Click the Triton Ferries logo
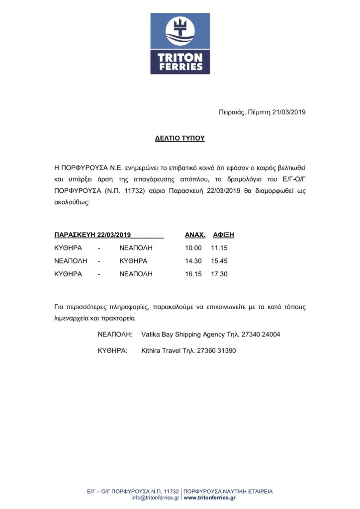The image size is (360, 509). [x=180, y=44]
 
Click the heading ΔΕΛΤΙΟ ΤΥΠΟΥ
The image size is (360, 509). [x=180, y=138]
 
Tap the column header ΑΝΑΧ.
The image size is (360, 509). [x=195, y=235]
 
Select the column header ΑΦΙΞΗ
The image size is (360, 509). [x=223, y=235]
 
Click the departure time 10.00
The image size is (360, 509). [x=193, y=248]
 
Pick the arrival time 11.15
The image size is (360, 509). [x=219, y=248]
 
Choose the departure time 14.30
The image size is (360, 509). [x=193, y=260]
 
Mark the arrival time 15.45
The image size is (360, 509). [x=219, y=260]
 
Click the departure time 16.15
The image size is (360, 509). [x=193, y=274]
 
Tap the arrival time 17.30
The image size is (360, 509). [x=219, y=274]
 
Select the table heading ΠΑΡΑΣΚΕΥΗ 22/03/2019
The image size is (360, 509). [x=92, y=235]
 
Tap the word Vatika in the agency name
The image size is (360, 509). [x=151, y=335]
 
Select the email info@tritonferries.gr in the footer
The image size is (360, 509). [x=155, y=498]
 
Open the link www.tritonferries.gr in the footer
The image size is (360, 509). [x=210, y=498]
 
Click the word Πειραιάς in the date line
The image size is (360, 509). [x=232, y=112]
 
